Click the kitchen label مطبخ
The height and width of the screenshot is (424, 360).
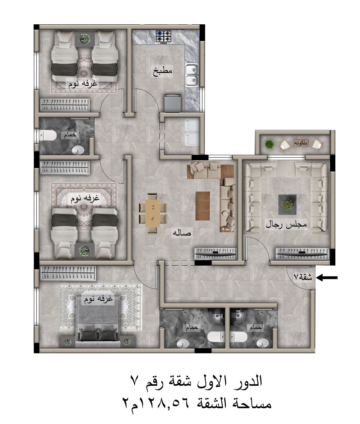[163, 71]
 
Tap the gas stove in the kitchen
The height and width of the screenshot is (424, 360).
[164, 37]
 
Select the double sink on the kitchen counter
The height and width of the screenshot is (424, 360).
[192, 75]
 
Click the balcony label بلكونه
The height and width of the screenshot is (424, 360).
[301, 143]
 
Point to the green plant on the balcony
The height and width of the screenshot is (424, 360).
[269, 144]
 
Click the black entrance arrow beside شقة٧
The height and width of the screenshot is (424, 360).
[327, 278]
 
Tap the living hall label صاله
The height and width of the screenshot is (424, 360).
[182, 233]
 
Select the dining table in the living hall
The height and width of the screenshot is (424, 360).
[153, 213]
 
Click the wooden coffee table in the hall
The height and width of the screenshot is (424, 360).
[203, 206]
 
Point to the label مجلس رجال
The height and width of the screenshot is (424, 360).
[286, 224]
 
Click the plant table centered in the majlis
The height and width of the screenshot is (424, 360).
[287, 205]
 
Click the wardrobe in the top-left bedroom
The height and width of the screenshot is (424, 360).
[65, 105]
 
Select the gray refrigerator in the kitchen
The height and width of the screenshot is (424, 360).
[172, 103]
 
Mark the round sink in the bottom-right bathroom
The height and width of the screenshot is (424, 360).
[262, 342]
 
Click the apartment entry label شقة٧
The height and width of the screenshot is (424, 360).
[303, 277]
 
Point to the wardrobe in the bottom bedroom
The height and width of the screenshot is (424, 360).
[68, 273]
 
